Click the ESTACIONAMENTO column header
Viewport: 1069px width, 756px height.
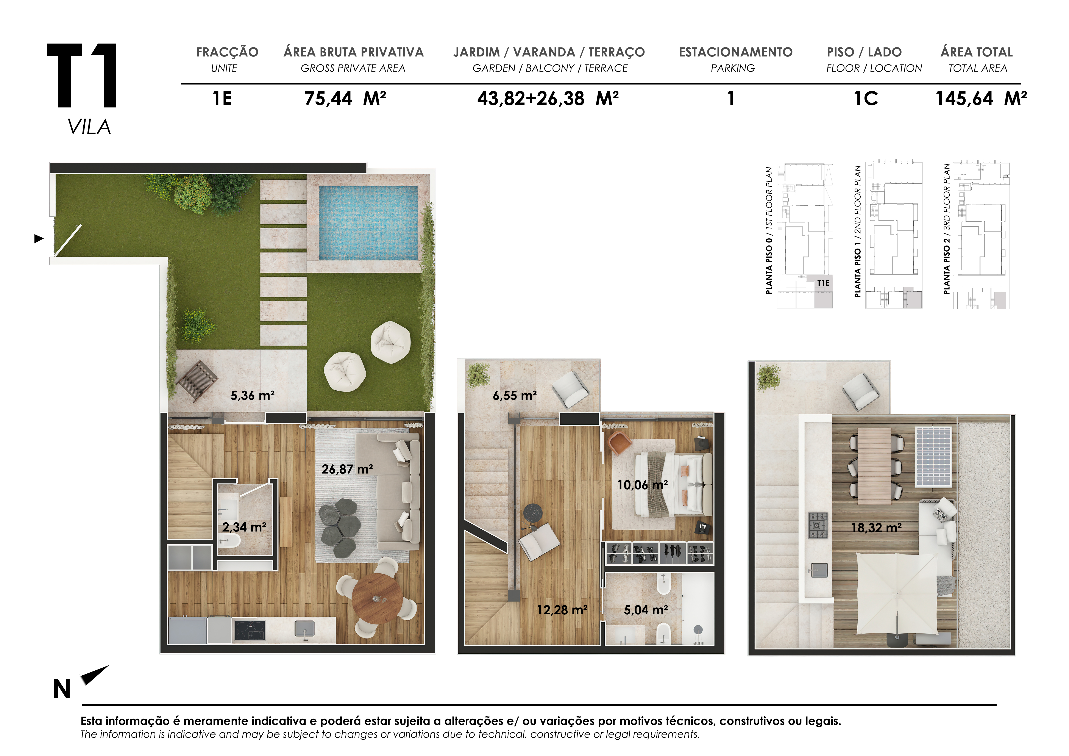(736, 52)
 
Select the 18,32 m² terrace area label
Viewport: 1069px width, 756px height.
(876, 528)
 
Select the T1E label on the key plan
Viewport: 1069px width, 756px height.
(823, 283)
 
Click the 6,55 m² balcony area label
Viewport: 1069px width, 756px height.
(515, 396)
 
